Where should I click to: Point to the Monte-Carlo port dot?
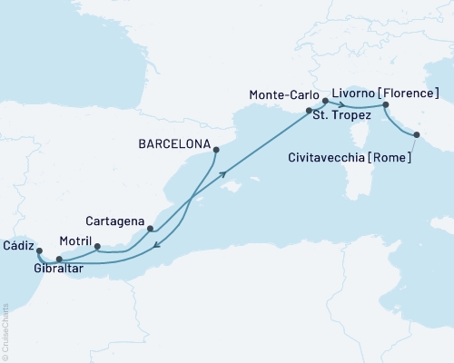coord(325,103)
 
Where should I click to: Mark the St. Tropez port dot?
coord(309,111)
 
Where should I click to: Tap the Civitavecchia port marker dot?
coord(417,135)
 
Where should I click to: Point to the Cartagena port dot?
coord(150,230)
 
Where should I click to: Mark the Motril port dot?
coord(98,246)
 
